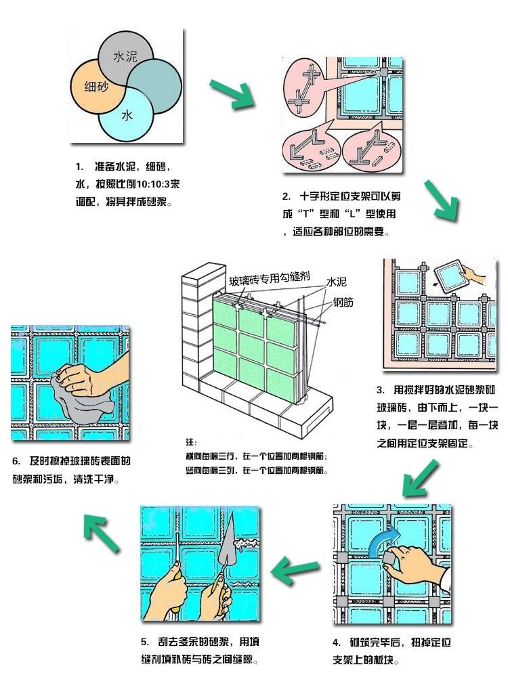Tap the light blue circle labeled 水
125,116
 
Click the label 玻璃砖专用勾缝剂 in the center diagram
269,279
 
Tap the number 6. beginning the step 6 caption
16,462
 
